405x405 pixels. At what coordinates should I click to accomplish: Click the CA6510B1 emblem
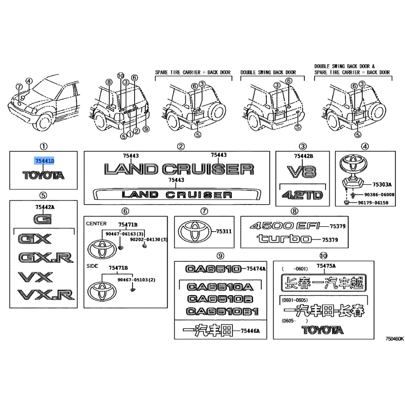pyautogui.click(x=222, y=311)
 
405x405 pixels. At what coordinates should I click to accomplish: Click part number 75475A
pyautogui.click(x=327, y=266)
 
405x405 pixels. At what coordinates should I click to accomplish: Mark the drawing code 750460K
pyautogui.click(x=394, y=339)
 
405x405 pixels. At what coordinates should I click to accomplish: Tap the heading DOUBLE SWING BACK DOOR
pyautogui.click(x=268, y=72)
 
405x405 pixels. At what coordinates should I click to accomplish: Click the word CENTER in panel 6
pyautogui.click(x=95, y=223)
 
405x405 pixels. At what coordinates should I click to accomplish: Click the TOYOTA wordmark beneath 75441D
pyautogui.click(x=44, y=176)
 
